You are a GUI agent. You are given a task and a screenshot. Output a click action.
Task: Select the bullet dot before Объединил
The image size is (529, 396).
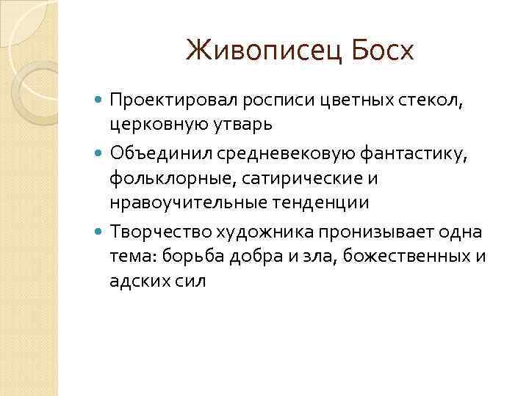101,154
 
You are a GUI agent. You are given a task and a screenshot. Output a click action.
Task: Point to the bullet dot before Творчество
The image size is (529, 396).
101,232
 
